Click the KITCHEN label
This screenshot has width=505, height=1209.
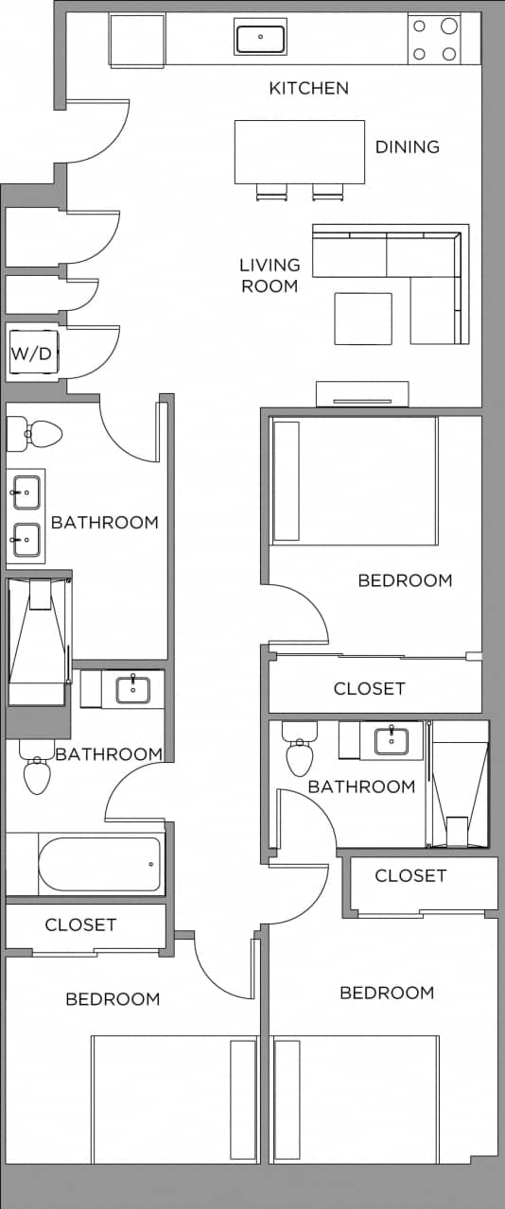(x=308, y=89)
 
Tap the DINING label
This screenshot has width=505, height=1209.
(x=408, y=147)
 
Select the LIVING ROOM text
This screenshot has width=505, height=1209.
(x=270, y=275)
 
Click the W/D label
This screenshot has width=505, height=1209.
(x=31, y=355)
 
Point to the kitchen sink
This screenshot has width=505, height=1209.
(x=260, y=39)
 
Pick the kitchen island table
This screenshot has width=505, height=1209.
(x=300, y=151)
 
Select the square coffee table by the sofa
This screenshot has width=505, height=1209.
(x=363, y=319)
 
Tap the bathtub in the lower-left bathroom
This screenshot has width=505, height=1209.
(x=99, y=864)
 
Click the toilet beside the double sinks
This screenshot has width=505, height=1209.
(x=36, y=435)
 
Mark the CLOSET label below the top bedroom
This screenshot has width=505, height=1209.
(x=369, y=689)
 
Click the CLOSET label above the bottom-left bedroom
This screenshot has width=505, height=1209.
(x=80, y=924)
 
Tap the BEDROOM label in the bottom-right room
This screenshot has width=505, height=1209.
(x=387, y=993)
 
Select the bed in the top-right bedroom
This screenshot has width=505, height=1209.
(x=355, y=481)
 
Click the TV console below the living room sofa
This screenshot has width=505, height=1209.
(x=362, y=393)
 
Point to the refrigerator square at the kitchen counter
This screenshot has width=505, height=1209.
(x=137, y=41)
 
